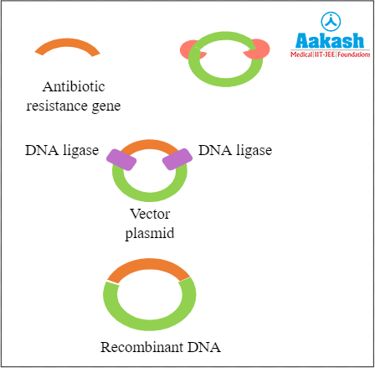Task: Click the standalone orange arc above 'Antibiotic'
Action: point(68,44)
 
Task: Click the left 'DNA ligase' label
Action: point(62,151)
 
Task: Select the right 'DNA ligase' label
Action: point(235,151)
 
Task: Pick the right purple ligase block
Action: point(176,156)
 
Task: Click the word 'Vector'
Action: point(151,215)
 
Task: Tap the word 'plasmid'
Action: point(151,233)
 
